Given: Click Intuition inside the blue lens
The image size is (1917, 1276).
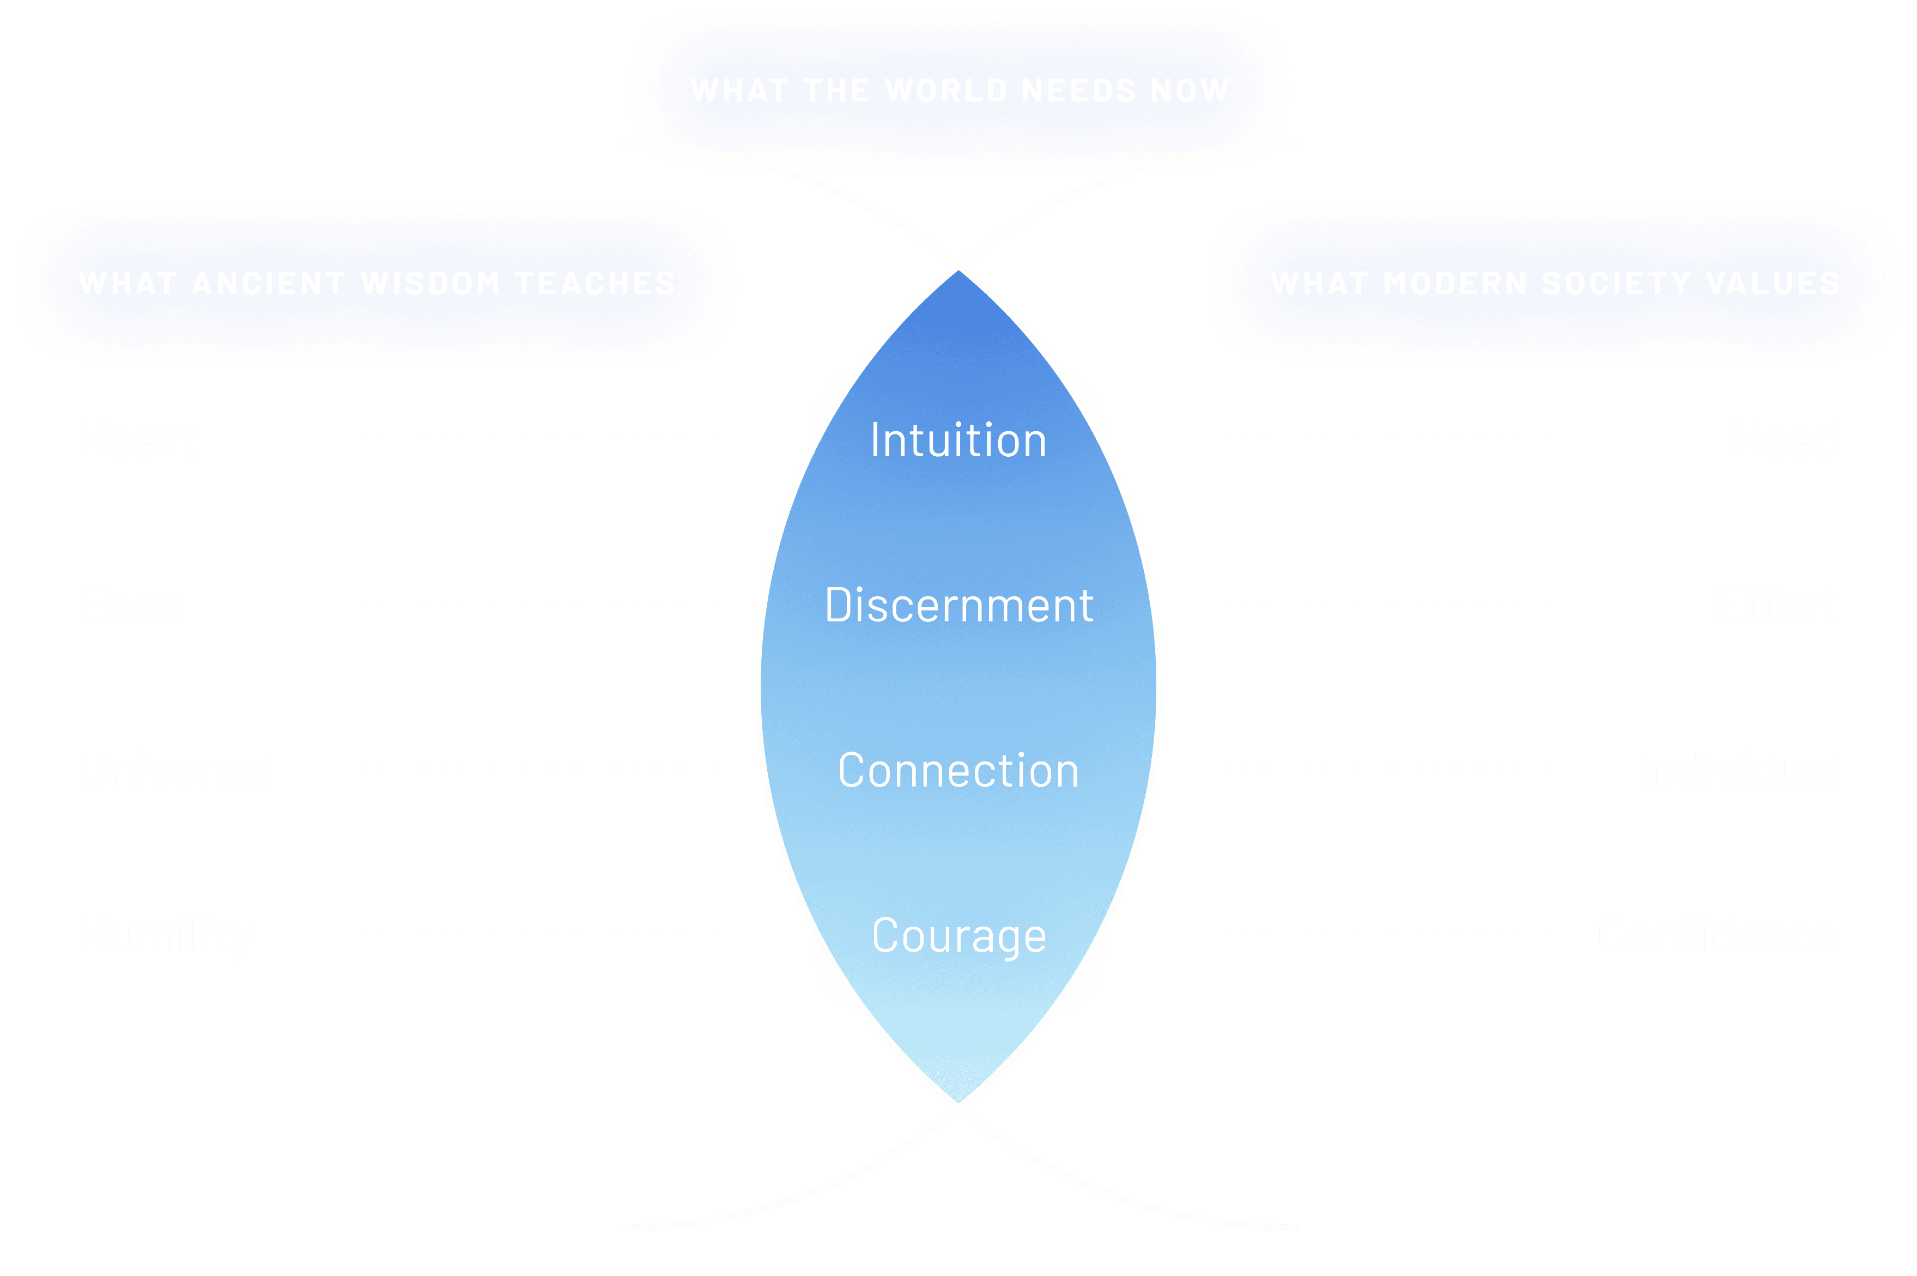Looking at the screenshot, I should tap(958, 440).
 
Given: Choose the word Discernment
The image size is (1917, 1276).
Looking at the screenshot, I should tap(958, 606).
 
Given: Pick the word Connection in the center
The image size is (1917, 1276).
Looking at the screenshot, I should tap(958, 771).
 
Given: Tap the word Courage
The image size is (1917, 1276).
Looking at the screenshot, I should tap(958, 936).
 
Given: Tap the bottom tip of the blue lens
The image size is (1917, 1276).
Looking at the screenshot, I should tap(958, 1105).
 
